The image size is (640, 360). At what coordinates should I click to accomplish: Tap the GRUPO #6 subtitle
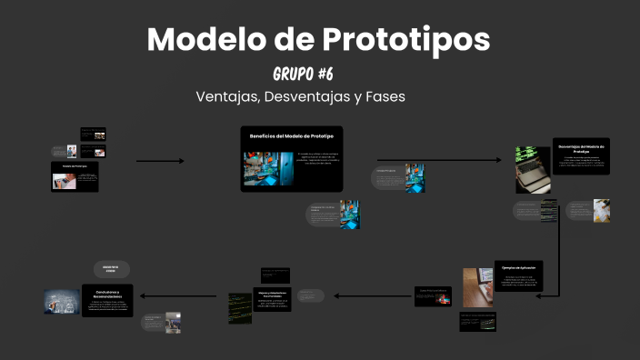[x=309, y=73]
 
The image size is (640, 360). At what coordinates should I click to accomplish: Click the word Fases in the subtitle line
[x=384, y=96]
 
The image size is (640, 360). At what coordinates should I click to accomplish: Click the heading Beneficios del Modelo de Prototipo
[x=291, y=135]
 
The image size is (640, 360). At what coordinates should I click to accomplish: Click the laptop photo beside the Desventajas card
[x=533, y=169]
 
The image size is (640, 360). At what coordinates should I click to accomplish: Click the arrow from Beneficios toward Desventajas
[x=437, y=161]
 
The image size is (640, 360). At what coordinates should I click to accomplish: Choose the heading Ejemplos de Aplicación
[x=520, y=267]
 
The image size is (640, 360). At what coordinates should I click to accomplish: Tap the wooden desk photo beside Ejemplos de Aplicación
[x=476, y=287]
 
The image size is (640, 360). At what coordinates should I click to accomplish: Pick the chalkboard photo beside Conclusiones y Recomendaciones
[x=62, y=302]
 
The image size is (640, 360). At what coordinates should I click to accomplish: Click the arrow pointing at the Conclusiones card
[x=176, y=295]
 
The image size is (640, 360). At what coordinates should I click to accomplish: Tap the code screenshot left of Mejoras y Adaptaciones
[x=240, y=308]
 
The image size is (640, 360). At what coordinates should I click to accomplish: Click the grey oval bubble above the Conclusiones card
[x=112, y=269]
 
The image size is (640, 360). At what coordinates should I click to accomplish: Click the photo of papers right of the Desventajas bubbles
[x=602, y=211]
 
